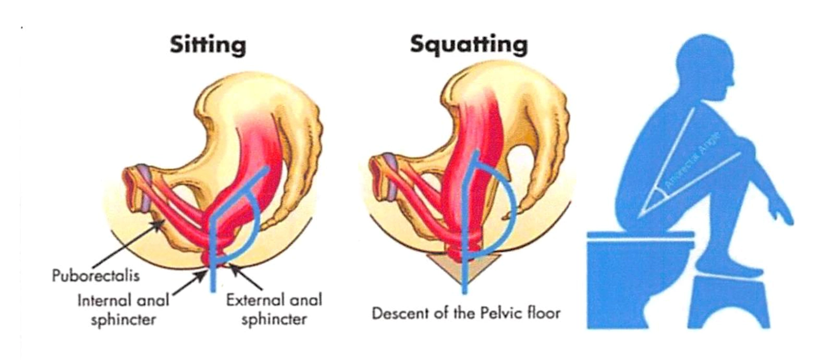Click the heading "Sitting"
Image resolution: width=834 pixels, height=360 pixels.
(x=207, y=45)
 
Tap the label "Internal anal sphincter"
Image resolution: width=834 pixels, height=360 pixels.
(x=123, y=309)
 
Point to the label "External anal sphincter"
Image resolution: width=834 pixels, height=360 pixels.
(x=274, y=309)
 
